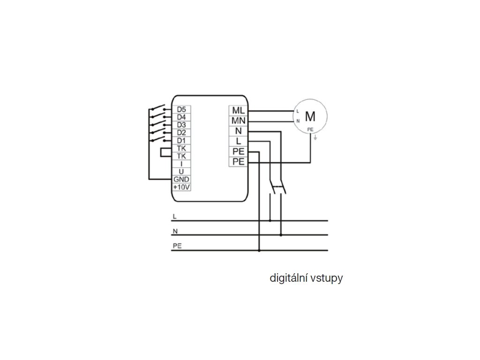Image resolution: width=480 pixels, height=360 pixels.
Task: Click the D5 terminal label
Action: (181, 109)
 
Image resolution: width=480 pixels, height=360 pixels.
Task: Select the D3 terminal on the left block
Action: (181, 125)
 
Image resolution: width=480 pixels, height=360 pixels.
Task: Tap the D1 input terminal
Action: (181, 140)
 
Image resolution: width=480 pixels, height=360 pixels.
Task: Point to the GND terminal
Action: (181, 179)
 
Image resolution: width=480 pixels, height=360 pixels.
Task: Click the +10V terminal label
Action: (181, 187)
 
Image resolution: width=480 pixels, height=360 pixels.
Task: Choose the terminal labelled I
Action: (181, 164)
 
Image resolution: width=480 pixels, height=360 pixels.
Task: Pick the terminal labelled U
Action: (181, 172)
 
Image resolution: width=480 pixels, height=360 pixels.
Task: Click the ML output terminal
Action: (238, 110)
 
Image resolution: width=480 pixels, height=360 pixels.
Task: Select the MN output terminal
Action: (238, 120)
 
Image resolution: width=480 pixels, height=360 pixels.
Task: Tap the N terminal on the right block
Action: (238, 131)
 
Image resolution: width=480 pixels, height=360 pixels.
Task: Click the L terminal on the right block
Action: (238, 141)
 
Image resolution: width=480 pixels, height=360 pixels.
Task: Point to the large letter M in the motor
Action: (310, 115)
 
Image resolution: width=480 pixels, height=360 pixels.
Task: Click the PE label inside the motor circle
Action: (310, 129)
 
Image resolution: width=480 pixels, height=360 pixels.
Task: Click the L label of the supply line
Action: (175, 217)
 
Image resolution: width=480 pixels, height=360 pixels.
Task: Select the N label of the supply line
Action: (175, 231)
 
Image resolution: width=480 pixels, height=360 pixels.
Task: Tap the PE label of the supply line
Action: (177, 246)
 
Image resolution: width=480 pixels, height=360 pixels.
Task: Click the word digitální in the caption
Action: (288, 278)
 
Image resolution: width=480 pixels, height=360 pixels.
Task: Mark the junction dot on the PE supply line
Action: (259, 251)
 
